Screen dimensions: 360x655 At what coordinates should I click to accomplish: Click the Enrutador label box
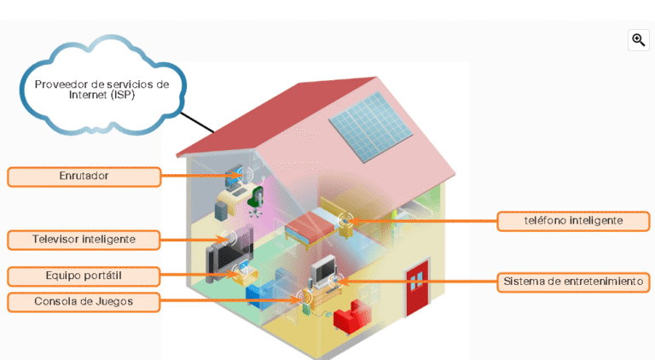coord(84,177)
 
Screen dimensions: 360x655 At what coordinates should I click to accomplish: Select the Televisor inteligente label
coord(84,239)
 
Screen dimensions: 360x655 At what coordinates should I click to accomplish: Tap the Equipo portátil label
coord(84,276)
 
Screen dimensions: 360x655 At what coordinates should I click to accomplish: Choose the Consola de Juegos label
coord(84,301)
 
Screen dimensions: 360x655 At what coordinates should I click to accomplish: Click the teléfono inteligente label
coord(573,221)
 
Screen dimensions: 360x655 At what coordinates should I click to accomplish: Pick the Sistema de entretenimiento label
coord(573,282)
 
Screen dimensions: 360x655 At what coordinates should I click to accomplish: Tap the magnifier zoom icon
coord(638,40)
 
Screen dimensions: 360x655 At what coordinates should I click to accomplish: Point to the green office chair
coord(254,198)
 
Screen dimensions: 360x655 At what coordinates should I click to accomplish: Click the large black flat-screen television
coord(226,256)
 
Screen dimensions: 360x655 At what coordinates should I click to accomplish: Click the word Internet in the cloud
coord(67,96)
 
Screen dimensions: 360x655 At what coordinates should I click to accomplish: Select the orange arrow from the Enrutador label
coord(196,177)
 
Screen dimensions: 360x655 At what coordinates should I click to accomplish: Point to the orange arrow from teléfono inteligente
coord(426,222)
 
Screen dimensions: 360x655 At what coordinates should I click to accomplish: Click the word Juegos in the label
coord(114,301)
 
